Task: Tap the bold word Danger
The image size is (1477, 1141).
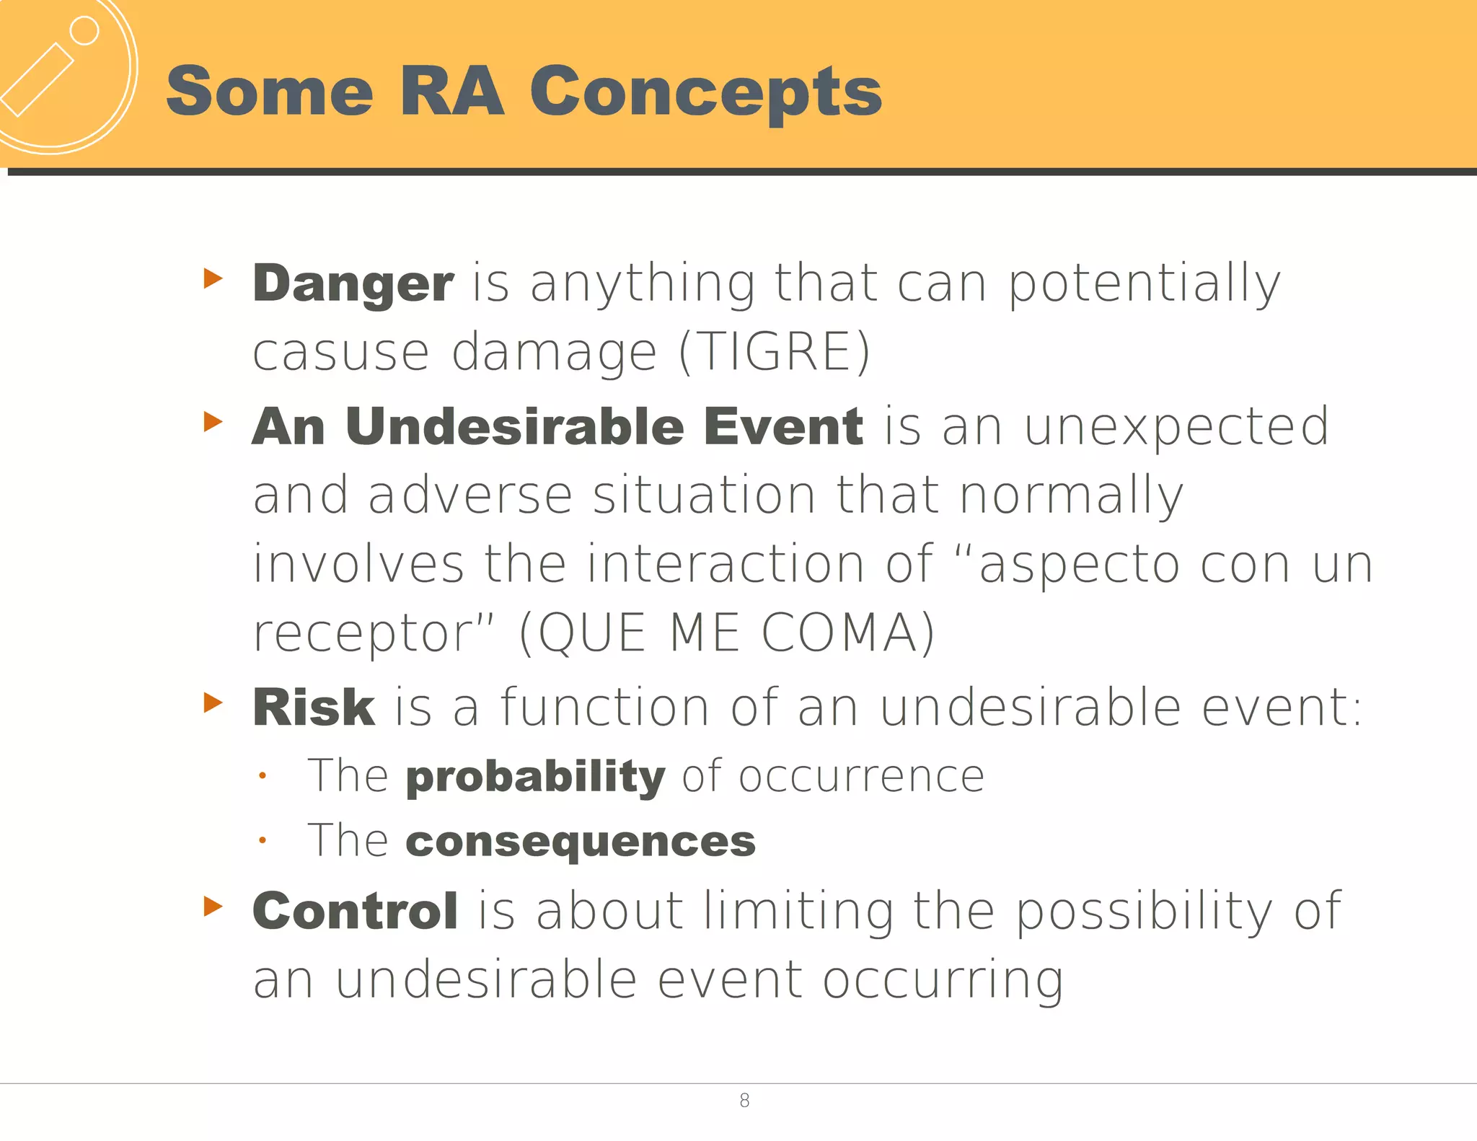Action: (x=353, y=283)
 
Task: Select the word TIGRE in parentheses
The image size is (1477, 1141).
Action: (x=775, y=352)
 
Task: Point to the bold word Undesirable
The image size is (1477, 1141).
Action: (x=514, y=426)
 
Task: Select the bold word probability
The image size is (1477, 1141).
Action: (x=535, y=777)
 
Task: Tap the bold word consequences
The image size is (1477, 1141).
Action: (x=581, y=842)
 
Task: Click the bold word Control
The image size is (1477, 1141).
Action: (x=355, y=911)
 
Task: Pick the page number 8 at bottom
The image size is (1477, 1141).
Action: (x=744, y=1101)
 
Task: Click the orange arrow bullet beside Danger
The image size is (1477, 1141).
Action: (x=213, y=278)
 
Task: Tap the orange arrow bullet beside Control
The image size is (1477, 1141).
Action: (x=213, y=906)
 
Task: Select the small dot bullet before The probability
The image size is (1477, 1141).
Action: (x=263, y=777)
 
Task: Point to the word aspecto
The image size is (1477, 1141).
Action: (x=1079, y=565)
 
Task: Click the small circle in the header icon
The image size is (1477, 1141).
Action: (x=84, y=31)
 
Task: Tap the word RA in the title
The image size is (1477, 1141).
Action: (x=451, y=92)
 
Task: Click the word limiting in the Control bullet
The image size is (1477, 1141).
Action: (x=798, y=911)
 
